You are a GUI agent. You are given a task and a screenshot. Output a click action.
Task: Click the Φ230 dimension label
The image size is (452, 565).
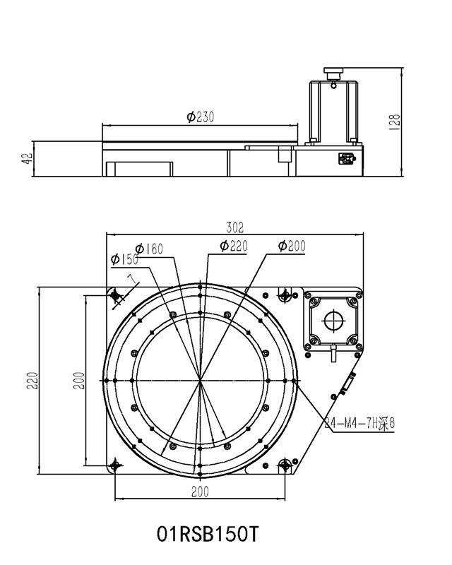pyautogui.click(x=201, y=117)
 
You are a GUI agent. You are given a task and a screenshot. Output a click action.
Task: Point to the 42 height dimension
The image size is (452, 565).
pyautogui.click(x=27, y=160)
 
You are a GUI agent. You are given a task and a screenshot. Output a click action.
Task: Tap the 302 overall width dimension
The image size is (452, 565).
pyautogui.click(x=234, y=227)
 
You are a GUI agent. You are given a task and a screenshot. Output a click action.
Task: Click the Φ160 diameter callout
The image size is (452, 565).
pyautogui.click(x=149, y=249)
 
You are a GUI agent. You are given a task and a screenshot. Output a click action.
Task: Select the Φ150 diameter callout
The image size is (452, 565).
pyautogui.click(x=124, y=260)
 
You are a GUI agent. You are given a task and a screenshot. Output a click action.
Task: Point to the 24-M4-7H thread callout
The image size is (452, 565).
pyautogui.click(x=359, y=424)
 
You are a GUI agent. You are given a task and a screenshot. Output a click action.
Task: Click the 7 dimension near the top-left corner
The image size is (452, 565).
pyautogui.click(x=130, y=280)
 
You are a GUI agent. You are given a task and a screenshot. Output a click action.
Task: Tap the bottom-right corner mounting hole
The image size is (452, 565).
pyautogui.click(x=285, y=465)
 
